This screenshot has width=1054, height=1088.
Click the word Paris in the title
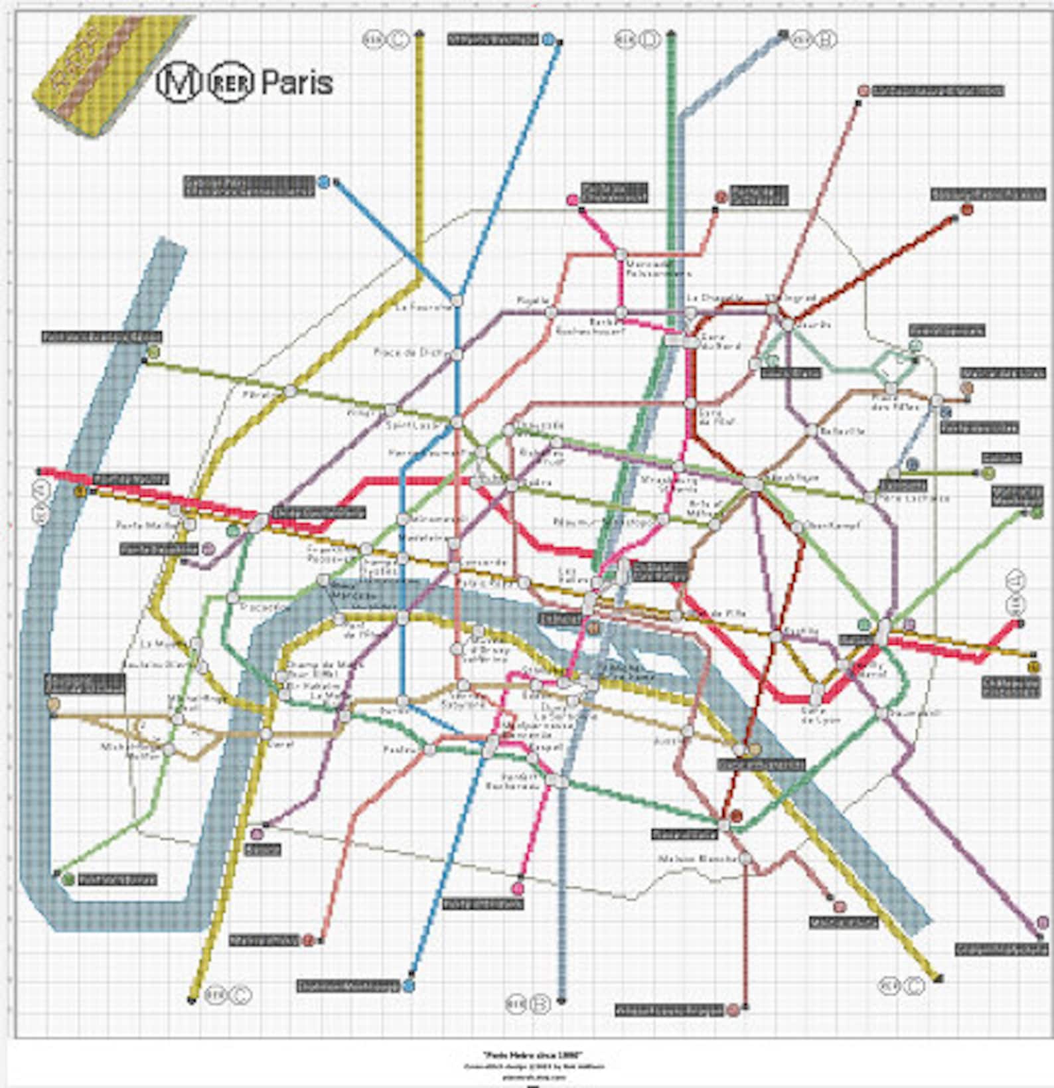click(x=297, y=82)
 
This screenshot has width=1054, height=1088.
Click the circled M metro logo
click(x=179, y=82)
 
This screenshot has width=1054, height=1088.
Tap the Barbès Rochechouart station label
click(x=589, y=326)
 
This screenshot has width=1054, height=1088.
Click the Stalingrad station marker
click(x=773, y=309)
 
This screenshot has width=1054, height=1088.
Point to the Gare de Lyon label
click(x=820, y=715)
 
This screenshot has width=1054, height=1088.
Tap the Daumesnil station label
click(x=905, y=713)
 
